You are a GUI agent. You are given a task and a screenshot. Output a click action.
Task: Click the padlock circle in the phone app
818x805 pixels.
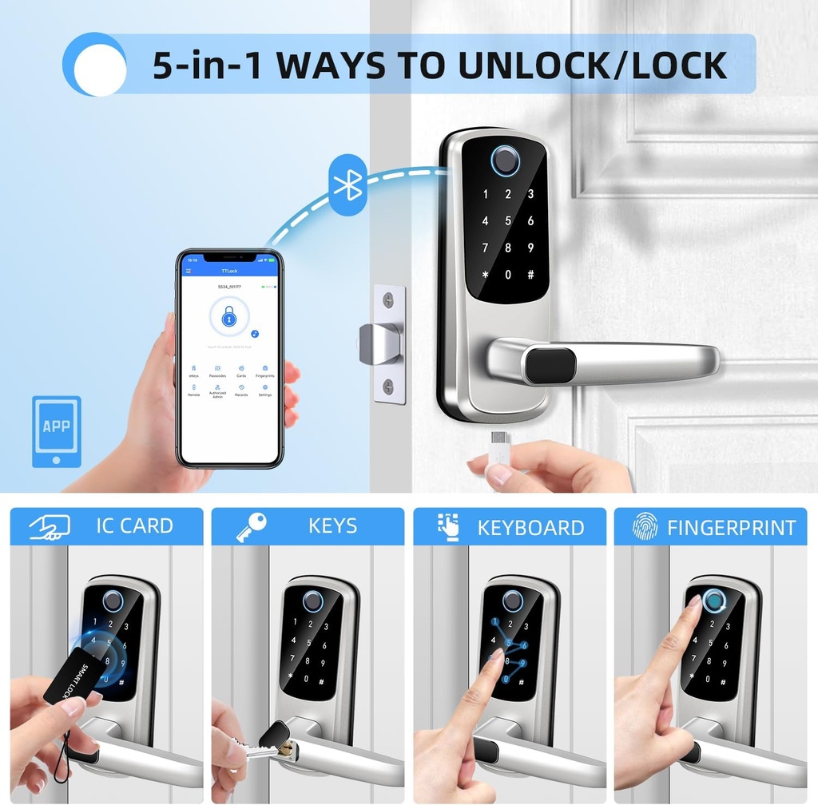[x=229, y=319]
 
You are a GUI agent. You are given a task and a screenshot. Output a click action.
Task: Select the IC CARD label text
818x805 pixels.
[x=134, y=525]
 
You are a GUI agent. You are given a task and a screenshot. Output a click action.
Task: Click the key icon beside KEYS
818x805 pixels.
[x=251, y=527]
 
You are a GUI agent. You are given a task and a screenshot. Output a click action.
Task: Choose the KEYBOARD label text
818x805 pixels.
[x=530, y=528]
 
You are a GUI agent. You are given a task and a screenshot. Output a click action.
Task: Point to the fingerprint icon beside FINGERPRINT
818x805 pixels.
[x=645, y=526]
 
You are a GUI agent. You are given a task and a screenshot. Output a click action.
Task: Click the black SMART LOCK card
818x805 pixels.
[x=69, y=675]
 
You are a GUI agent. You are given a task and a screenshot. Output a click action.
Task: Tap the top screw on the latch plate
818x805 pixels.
[x=388, y=301]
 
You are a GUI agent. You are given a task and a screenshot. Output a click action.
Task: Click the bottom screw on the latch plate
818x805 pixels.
[x=388, y=387]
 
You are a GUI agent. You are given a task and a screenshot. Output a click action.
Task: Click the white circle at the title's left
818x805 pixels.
[x=95, y=65]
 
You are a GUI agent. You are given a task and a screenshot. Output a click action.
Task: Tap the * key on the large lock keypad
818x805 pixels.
[x=484, y=276]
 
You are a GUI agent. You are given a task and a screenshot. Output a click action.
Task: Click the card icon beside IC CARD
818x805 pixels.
[x=50, y=526]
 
